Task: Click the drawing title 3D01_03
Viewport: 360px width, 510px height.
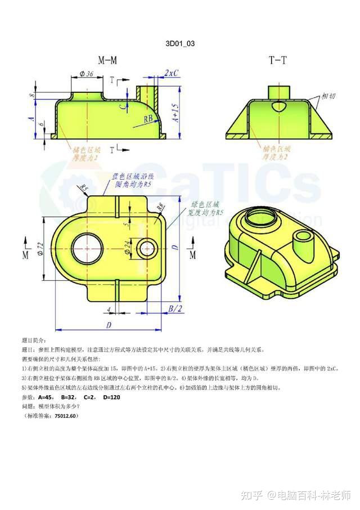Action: (180, 43)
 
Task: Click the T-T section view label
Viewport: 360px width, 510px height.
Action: (277, 60)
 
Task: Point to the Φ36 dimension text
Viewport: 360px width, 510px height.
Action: (87, 74)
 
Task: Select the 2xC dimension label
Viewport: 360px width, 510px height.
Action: (171, 73)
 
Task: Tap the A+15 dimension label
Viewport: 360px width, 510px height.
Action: (175, 113)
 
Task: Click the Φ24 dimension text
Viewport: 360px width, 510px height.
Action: (128, 247)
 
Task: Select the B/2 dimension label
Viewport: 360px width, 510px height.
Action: (175, 308)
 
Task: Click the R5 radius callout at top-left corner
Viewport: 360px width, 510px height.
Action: (85, 188)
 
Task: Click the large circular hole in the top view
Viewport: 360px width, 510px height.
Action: (87, 247)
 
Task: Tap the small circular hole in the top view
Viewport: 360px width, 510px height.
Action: (148, 248)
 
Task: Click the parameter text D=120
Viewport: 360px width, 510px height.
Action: (110, 397)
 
